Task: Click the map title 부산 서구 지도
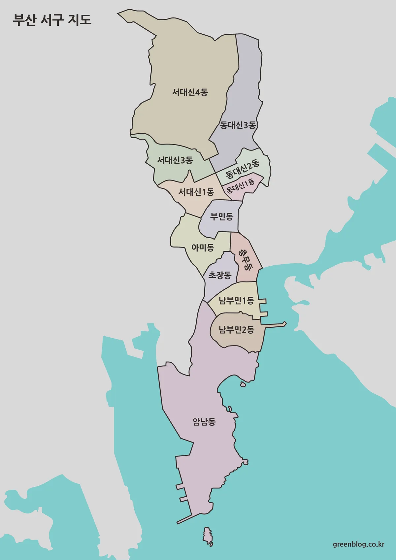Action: [x=52, y=20]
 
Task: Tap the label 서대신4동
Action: [x=190, y=92]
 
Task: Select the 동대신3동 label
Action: [x=238, y=125]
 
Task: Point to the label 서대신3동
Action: [x=175, y=160]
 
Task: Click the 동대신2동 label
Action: [x=243, y=169]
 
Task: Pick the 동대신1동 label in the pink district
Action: [x=241, y=186]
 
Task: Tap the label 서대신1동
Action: [x=196, y=192]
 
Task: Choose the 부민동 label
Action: [x=222, y=216]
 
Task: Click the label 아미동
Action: [x=203, y=247]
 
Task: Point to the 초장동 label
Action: [x=220, y=275]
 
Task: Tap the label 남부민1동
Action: [x=236, y=301]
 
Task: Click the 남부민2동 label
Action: [x=237, y=329]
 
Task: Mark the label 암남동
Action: [x=204, y=421]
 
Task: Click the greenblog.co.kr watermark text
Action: [x=358, y=544]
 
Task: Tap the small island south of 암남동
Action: [x=208, y=535]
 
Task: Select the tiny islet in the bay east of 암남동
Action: [x=243, y=384]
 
